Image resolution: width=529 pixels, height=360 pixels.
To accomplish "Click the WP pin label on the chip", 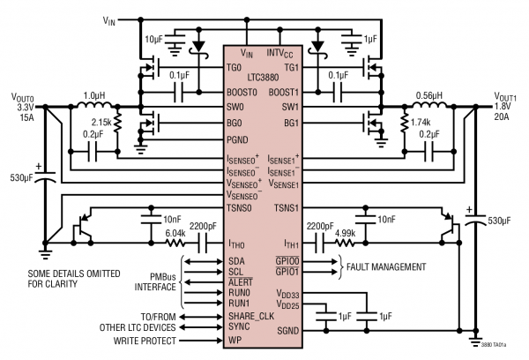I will tap(235, 338).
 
